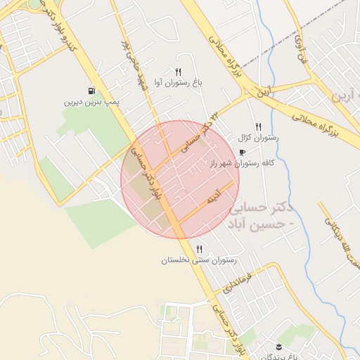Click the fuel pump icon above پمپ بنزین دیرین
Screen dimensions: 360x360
pos(92,91)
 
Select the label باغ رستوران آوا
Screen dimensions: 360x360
pos(178,83)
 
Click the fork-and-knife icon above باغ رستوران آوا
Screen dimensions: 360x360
pos(178,72)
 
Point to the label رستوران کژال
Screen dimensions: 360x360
pos(259,138)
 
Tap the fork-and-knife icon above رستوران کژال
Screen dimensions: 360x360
pos(259,127)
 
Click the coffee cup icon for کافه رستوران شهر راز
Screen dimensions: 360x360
pos(243,152)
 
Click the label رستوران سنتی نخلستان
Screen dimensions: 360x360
pos(200,260)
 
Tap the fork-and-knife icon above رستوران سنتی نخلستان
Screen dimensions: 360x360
pos(200,249)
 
